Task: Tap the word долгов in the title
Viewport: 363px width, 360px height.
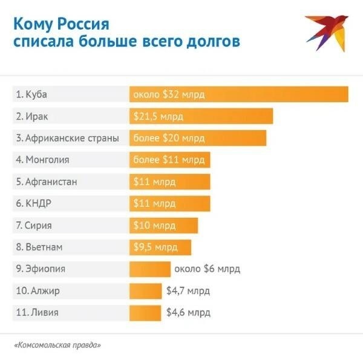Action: (209, 42)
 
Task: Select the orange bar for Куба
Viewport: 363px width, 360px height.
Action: (238, 95)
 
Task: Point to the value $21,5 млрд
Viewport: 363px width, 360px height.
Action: (158, 116)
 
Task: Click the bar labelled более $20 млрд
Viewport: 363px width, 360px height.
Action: (197, 138)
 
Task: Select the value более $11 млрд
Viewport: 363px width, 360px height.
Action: (169, 160)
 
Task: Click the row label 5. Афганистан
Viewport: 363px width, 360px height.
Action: (47, 182)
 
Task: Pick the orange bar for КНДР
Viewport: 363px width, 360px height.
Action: (169, 203)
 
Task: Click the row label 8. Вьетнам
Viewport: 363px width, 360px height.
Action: (40, 247)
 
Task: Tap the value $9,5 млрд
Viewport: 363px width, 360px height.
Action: (156, 247)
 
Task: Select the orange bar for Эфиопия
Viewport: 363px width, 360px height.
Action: (150, 269)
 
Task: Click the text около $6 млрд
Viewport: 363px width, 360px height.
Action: (206, 269)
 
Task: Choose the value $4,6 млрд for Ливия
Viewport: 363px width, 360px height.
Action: (188, 313)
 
